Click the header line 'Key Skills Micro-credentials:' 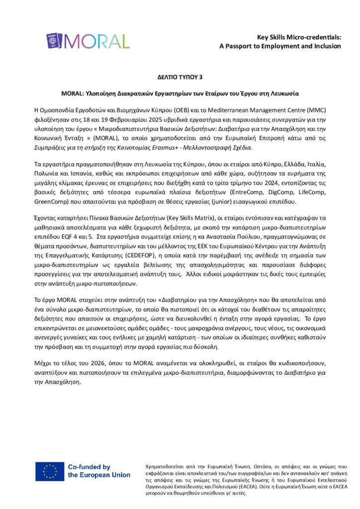pos(299,37)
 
